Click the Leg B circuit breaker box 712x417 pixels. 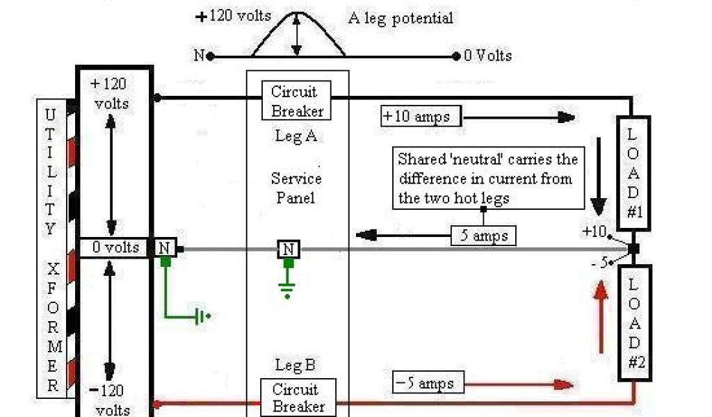coord(298,398)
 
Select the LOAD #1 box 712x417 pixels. coord(633,173)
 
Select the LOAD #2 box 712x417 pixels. coord(635,322)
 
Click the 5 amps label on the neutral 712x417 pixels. coord(483,236)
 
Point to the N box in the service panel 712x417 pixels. coord(288,249)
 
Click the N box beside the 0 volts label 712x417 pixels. coord(165,247)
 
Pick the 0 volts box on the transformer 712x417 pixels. coord(115,247)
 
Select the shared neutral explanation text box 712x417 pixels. coord(488,178)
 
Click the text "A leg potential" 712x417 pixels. coord(400,19)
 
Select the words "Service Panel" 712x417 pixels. coord(296,188)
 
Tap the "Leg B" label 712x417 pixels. coord(296,364)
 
